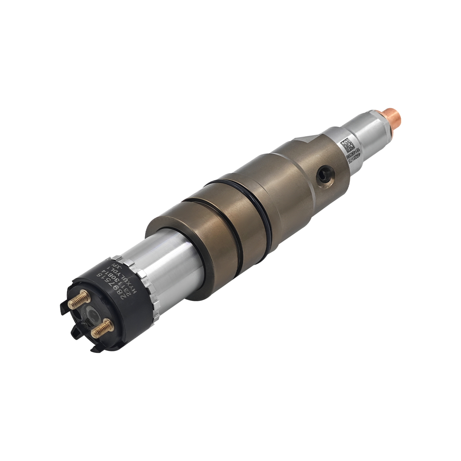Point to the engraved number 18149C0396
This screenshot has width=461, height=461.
tap(351, 153)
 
